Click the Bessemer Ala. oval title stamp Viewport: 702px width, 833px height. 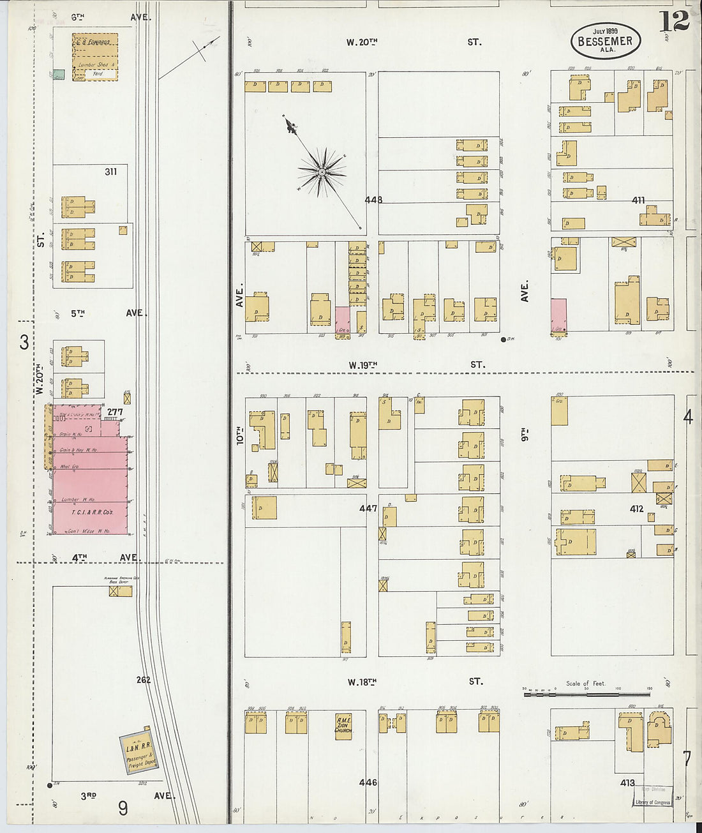tap(605, 41)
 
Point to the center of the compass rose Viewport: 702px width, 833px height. tap(322, 172)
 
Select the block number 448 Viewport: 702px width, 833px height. tap(373, 200)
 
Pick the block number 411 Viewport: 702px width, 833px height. tap(638, 200)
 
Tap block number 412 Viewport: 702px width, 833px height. tap(636, 509)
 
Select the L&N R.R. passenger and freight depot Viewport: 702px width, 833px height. tap(137, 754)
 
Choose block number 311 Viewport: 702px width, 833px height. tap(111, 172)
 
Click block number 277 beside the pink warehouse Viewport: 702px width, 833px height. tap(115, 412)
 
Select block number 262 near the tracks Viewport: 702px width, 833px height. tap(143, 680)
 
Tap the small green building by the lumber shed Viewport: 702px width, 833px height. tap(59, 75)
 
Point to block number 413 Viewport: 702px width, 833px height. tap(627, 783)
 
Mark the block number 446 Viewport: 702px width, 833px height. tap(368, 783)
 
